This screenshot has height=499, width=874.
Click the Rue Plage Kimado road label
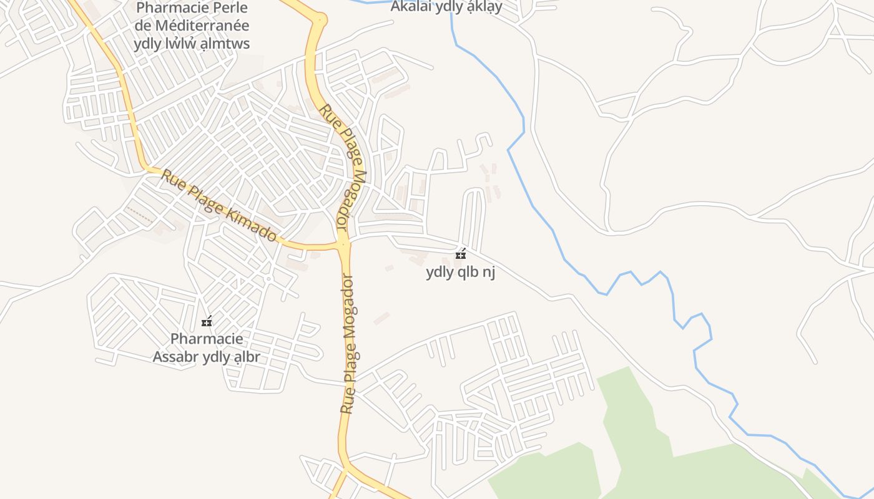tap(219, 206)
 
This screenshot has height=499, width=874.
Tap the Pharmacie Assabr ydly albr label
tap(207, 348)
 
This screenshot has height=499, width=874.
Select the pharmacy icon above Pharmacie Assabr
tap(207, 322)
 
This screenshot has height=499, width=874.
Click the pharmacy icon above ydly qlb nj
tap(461, 254)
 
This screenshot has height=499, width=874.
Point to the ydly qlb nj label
tap(461, 273)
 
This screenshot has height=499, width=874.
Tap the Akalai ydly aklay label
tap(446, 7)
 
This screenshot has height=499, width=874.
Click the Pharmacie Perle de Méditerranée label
tap(192, 26)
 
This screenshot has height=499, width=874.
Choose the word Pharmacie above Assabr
tap(207, 339)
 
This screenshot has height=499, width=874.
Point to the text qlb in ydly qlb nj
tap(466, 273)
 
